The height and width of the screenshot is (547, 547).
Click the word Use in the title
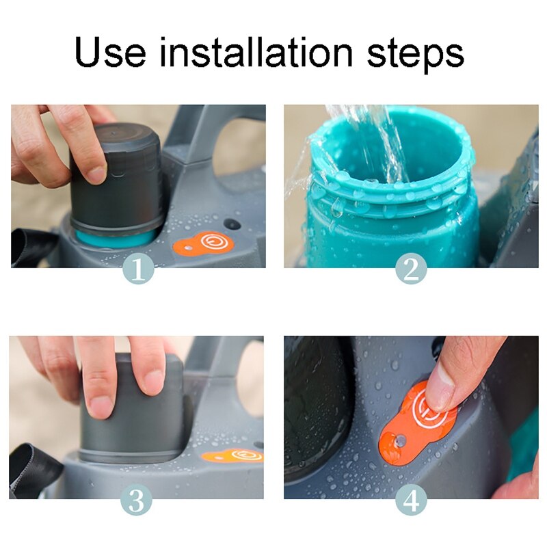(110, 53)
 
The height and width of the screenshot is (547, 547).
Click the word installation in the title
(256, 52)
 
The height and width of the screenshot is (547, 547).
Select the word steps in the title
(416, 56)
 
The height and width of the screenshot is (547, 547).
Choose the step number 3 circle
(136, 501)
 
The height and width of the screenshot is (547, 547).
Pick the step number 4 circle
(411, 501)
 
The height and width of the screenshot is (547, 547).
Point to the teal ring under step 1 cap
(115, 237)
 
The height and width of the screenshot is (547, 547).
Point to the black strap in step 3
(33, 468)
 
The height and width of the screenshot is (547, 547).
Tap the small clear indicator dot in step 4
(401, 440)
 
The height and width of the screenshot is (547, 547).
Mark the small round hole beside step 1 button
(230, 224)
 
